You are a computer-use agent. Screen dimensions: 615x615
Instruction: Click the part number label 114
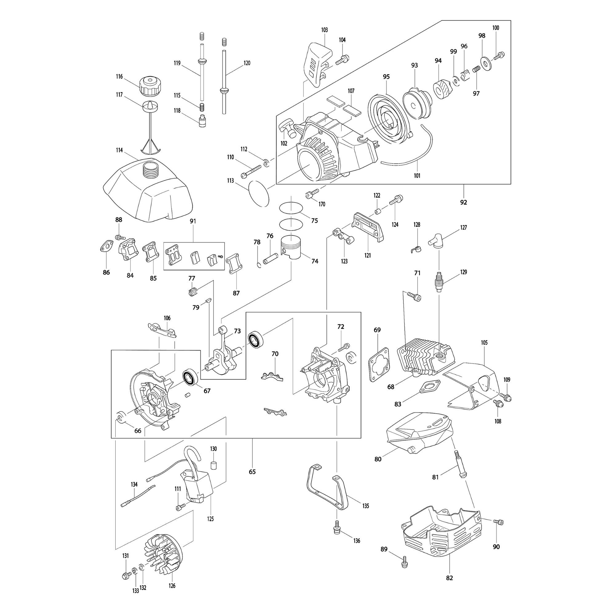tap(119, 150)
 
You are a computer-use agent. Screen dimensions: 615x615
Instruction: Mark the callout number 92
tap(464, 202)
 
